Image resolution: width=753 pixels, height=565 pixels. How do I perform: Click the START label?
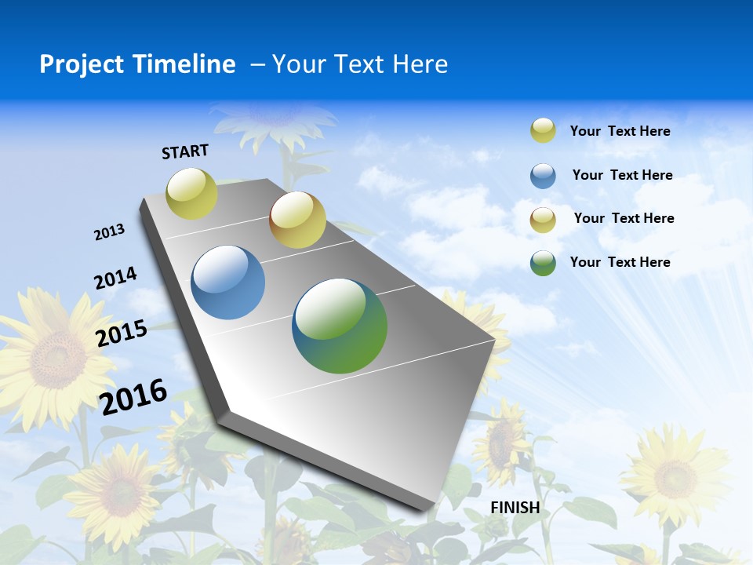point(185,151)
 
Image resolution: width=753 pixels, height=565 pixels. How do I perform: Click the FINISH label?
point(515,508)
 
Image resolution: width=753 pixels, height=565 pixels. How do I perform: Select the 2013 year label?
point(110,232)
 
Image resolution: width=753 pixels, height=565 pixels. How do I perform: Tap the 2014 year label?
point(115,278)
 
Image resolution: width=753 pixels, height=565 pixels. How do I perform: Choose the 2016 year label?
point(134,396)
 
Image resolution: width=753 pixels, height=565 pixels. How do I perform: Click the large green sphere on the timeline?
point(340,326)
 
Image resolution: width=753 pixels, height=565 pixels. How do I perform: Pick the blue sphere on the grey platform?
point(228,282)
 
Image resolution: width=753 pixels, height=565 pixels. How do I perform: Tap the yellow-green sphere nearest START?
point(192,194)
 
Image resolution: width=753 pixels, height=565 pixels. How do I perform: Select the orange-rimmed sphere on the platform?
point(297,220)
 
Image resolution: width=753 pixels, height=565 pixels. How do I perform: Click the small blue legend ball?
point(543,176)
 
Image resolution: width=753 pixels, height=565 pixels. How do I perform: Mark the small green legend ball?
point(543,263)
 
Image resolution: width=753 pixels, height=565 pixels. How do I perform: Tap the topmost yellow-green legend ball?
point(543,130)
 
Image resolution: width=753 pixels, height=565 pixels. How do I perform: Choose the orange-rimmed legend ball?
point(543,220)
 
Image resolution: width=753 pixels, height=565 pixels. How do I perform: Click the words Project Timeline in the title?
point(137,64)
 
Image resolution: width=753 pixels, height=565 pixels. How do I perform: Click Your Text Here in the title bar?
point(360,64)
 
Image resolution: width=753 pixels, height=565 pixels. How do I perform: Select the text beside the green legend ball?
point(620,262)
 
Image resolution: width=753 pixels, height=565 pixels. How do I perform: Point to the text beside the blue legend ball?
point(622,175)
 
